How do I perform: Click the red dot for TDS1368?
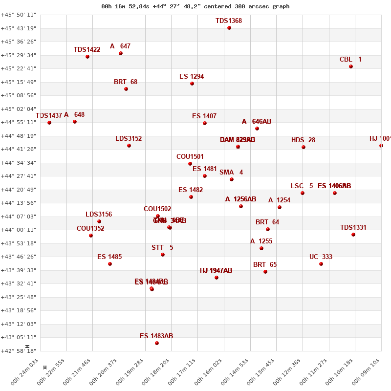(x=229, y=28)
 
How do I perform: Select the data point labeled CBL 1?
(x=351, y=66)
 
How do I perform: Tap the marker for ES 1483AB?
(x=157, y=343)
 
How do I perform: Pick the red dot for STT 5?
(x=163, y=255)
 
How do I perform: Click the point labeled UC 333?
(x=321, y=264)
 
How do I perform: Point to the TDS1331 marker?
(x=353, y=235)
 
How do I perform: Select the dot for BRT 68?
(x=126, y=89)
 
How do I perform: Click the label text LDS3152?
(x=129, y=139)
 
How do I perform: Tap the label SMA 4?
(x=231, y=173)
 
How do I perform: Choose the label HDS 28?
(x=303, y=140)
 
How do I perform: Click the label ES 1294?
(x=192, y=77)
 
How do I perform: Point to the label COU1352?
(x=90, y=229)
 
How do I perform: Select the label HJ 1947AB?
(x=216, y=271)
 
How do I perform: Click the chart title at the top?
(x=195, y=6)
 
